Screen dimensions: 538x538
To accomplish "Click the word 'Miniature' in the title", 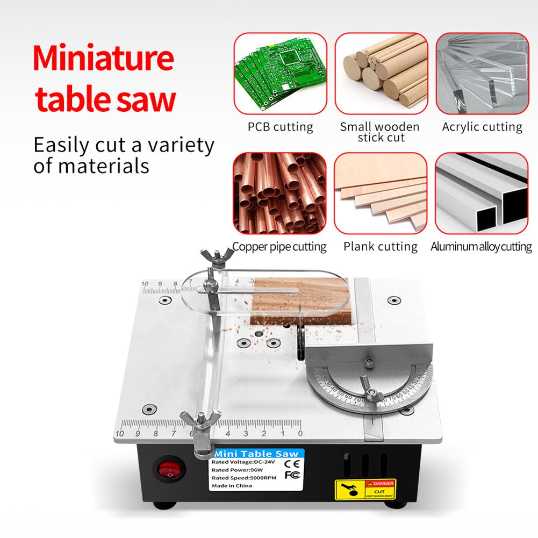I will point(103,61).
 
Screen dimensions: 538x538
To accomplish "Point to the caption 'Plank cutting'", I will point(381,247).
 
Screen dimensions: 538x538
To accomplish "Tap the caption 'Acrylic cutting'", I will point(482,127).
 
